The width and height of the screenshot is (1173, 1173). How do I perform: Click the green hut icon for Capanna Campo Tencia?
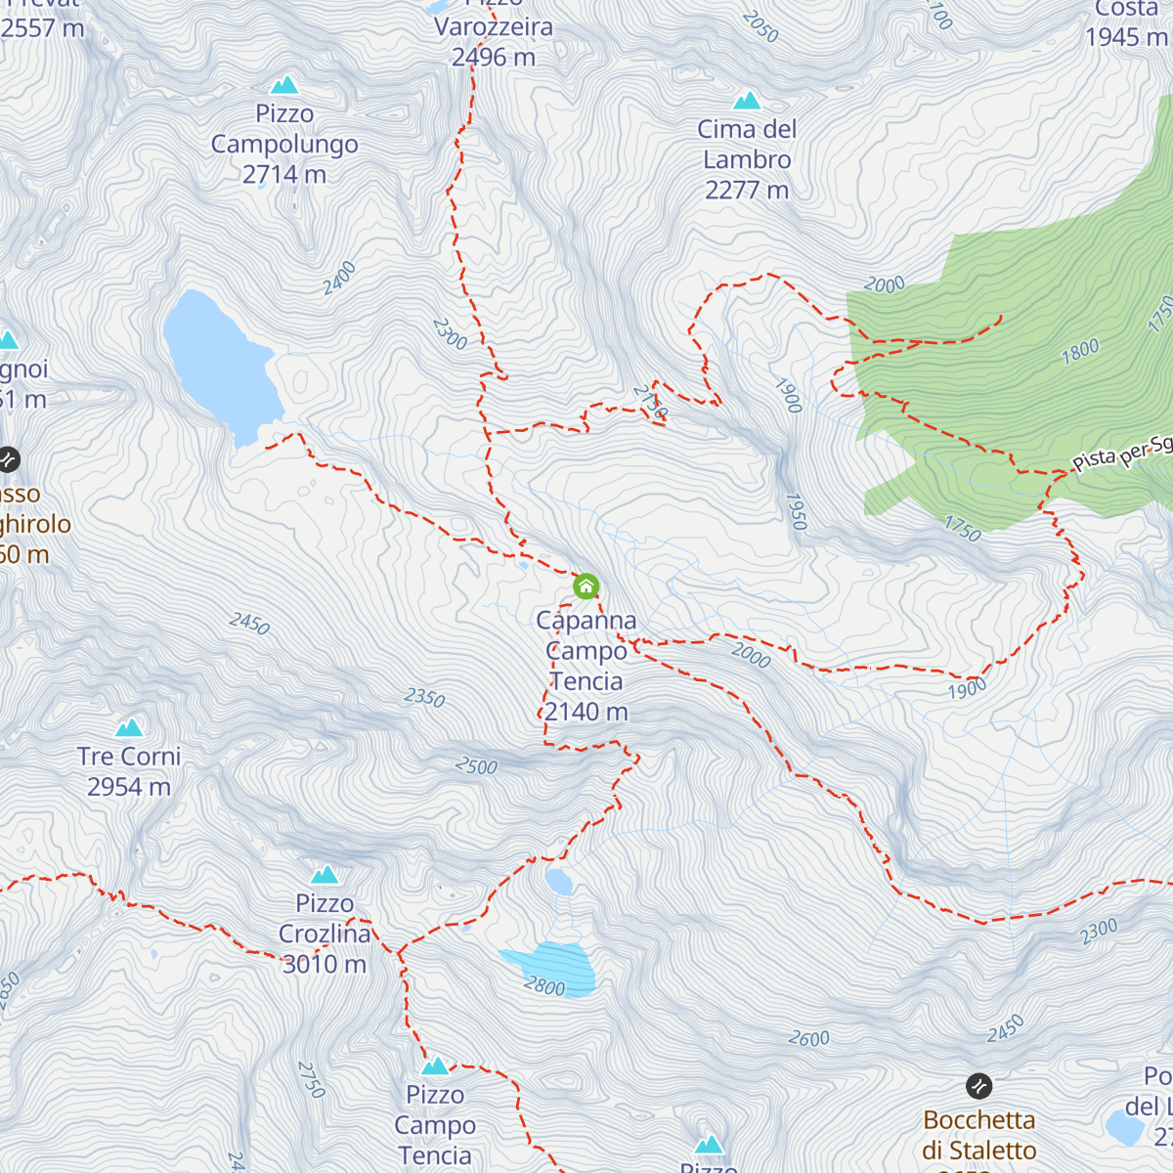(x=586, y=586)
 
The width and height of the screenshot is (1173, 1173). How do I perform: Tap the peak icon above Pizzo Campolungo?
(x=284, y=85)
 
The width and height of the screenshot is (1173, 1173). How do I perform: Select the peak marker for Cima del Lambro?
(x=747, y=101)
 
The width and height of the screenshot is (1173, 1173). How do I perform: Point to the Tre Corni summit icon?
(x=129, y=727)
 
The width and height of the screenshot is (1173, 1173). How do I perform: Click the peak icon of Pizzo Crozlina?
(x=325, y=874)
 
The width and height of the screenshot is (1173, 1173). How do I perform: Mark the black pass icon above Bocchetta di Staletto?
(x=978, y=1086)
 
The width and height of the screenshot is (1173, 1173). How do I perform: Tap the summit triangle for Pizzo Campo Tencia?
(x=435, y=1065)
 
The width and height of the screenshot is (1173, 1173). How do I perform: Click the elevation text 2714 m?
(x=284, y=175)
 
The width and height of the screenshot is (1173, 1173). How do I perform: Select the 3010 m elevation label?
(x=325, y=964)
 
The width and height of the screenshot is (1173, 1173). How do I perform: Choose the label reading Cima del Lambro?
(x=747, y=145)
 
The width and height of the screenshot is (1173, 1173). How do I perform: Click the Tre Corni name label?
(x=129, y=757)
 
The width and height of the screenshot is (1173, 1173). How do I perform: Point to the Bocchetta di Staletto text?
(x=978, y=1135)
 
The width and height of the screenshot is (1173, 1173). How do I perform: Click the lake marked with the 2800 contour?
(x=552, y=968)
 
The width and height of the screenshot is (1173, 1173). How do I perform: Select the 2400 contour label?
(x=339, y=279)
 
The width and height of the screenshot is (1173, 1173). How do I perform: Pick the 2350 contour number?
(x=425, y=698)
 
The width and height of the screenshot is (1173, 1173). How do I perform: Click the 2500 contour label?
(x=476, y=766)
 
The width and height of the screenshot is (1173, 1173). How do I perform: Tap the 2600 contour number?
(x=809, y=1038)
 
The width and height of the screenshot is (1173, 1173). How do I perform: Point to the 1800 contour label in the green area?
(x=1080, y=351)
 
